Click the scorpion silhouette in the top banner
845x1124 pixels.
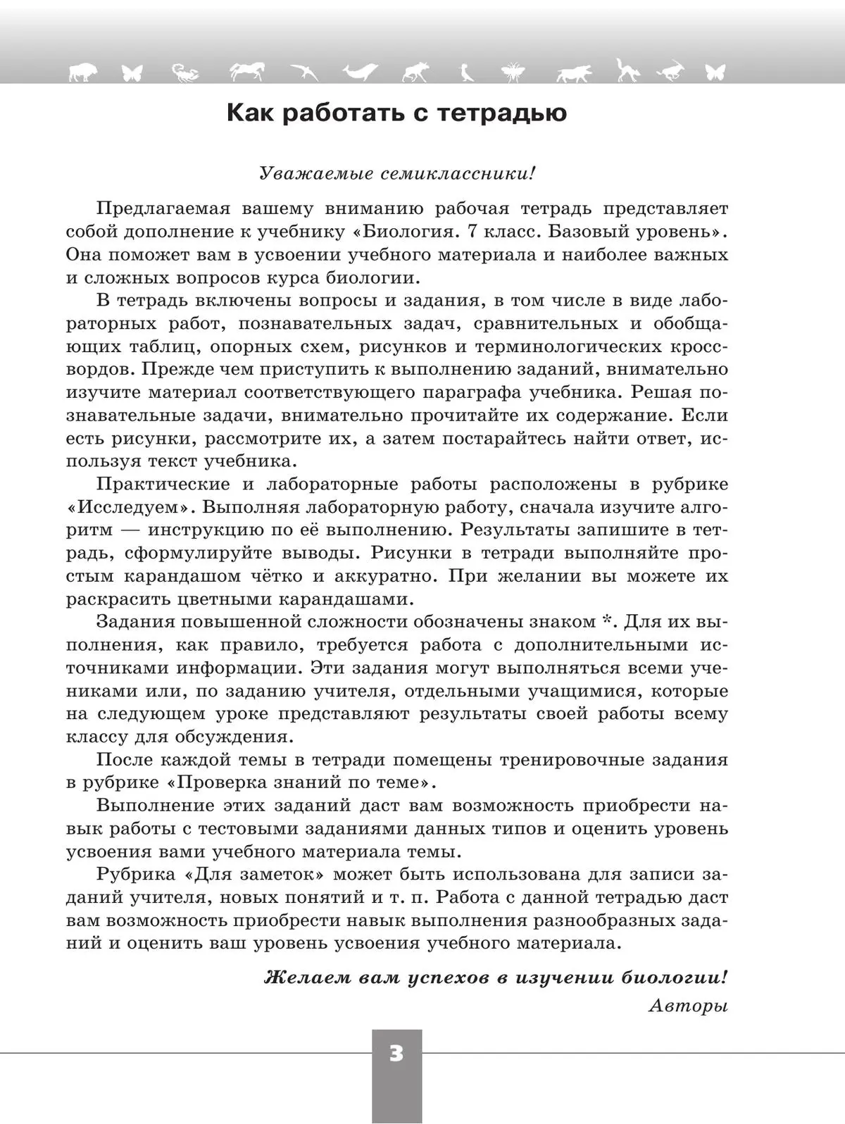click(x=185, y=71)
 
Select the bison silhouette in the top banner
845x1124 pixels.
click(x=83, y=71)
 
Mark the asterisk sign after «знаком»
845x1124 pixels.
click(x=606, y=621)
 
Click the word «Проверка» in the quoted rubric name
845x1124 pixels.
click(x=217, y=782)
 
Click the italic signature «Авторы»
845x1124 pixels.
click(x=687, y=1005)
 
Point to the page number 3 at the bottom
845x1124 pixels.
click(x=396, y=1054)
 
